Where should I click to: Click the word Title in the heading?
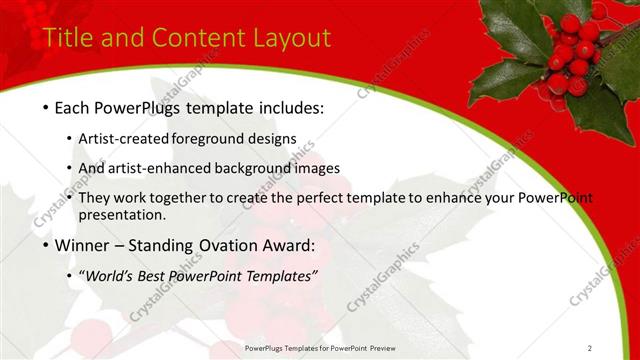point(67,38)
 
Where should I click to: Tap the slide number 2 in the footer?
point(590,348)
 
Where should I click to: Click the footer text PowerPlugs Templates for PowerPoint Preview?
point(327,348)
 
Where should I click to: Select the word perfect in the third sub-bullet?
point(323,198)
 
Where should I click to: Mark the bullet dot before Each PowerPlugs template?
point(46,107)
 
